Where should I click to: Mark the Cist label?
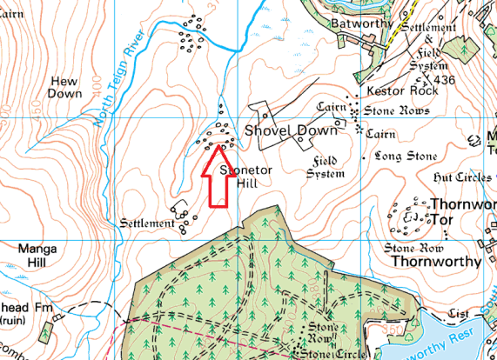460,311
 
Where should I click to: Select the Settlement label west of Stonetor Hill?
145,223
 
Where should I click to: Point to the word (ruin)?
14,322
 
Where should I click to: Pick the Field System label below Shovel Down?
326,167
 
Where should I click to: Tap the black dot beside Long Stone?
364,157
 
